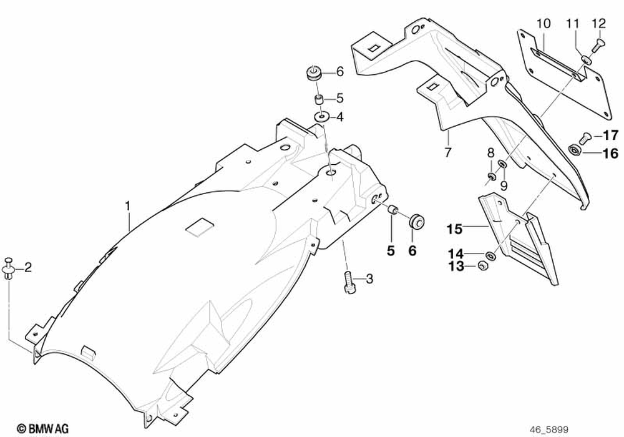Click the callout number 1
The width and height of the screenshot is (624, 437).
(x=127, y=205)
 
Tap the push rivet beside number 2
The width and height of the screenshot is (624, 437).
(x=9, y=268)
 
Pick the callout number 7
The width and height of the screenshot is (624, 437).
(x=447, y=152)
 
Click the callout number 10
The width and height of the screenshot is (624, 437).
(x=543, y=24)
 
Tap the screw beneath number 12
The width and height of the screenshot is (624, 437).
(x=600, y=43)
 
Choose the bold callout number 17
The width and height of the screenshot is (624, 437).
(x=610, y=135)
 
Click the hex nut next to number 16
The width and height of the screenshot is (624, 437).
(x=575, y=150)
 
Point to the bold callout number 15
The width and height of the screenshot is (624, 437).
(x=456, y=230)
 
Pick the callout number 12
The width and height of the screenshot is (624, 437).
(x=598, y=24)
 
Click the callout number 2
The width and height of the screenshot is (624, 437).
(x=27, y=268)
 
